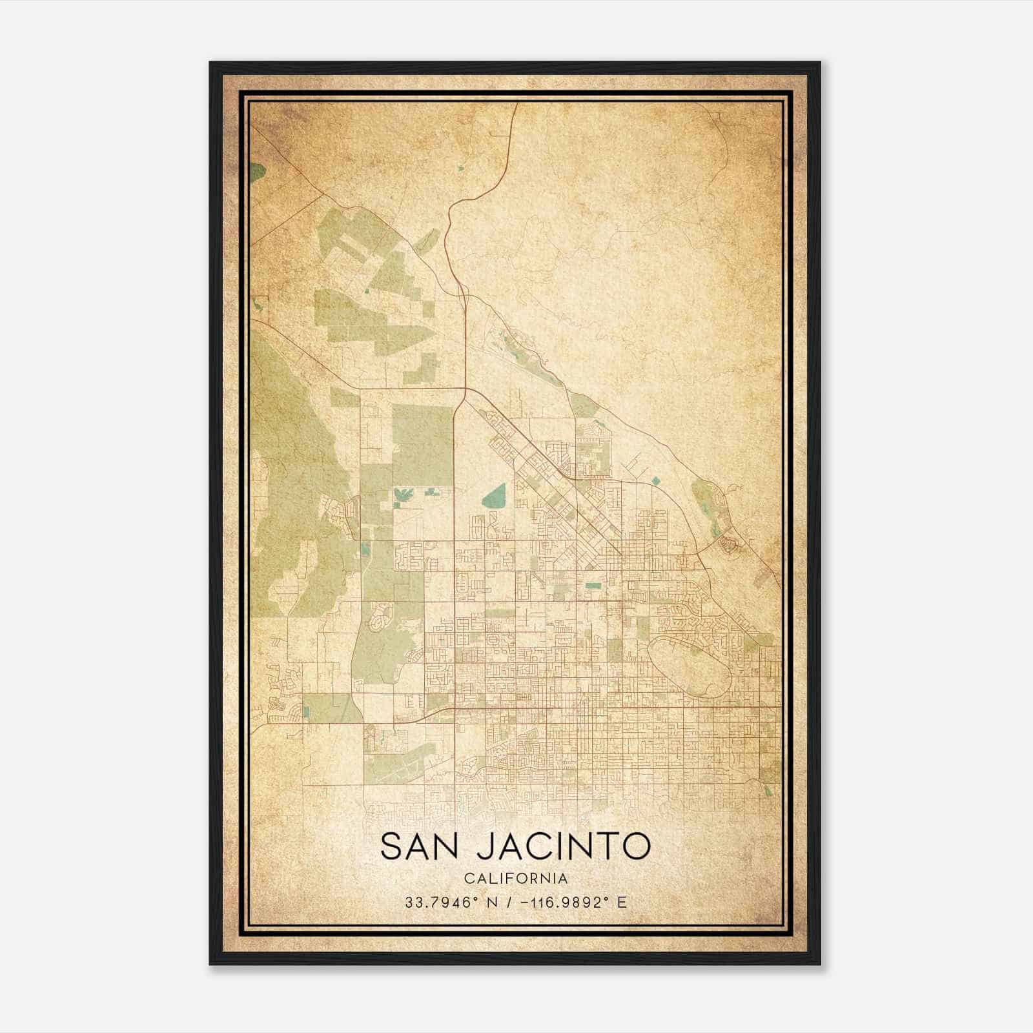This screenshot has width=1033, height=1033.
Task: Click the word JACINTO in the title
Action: click(563, 846)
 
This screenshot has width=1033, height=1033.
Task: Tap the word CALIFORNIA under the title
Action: click(516, 879)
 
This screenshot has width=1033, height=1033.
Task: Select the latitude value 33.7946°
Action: click(440, 902)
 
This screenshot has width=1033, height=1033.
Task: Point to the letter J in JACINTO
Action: click(485, 847)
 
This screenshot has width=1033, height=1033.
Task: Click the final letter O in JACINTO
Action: click(636, 846)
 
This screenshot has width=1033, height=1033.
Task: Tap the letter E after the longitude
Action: click(622, 902)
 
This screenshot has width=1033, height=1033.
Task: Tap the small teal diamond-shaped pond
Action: click(656, 480)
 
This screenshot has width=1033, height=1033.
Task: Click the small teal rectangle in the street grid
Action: click(592, 586)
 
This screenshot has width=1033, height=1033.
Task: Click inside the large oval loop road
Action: click(689, 665)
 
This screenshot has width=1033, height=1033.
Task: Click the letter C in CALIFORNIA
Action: click(468, 879)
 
